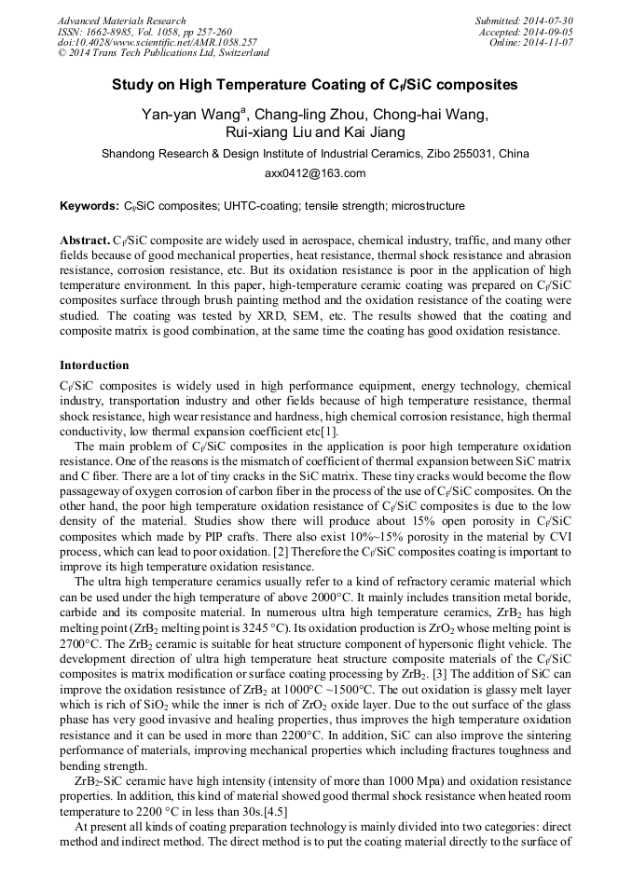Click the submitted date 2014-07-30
549,21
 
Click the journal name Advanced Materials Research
121,21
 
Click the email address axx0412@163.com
315,172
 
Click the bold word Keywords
88,205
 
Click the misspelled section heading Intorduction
94,364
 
